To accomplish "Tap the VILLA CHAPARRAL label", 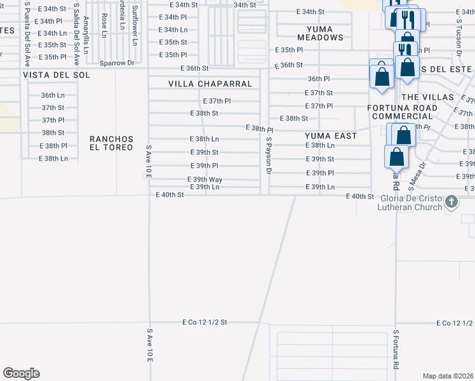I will (210, 84).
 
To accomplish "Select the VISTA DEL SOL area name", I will (56, 75).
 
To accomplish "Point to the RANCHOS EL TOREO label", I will (112, 143).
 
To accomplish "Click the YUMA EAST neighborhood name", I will (331, 136).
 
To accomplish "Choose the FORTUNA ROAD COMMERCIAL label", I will (404, 112).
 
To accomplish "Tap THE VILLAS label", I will (428, 97).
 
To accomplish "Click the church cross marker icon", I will (452, 202).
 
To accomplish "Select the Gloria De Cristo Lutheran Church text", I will (420, 202).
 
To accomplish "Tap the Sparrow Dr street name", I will (118, 63).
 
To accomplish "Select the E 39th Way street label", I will (204, 180).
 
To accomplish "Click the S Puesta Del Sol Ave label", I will (27, 33).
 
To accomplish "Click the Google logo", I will (21, 373).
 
